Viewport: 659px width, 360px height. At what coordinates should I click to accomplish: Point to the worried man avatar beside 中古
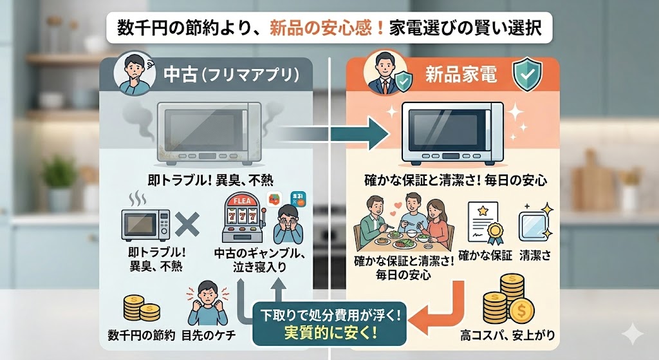132,73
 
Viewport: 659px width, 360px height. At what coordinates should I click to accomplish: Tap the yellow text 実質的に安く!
330,334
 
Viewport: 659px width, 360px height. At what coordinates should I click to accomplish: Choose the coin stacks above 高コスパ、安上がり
507,300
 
